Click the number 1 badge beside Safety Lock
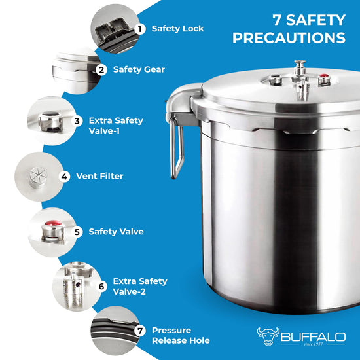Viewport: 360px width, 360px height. coord(140,29)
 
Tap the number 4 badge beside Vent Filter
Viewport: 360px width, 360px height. coord(65,177)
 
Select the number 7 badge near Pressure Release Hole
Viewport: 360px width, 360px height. coord(140,331)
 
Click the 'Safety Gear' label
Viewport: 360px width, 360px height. coord(139,69)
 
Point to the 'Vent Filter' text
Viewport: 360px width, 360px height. coord(99,176)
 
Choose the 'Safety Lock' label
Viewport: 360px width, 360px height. coord(177,29)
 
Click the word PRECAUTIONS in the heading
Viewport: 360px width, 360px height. coord(289,38)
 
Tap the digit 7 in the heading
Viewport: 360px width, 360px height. coord(278,20)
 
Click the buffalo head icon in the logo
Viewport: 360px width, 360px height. coord(268,336)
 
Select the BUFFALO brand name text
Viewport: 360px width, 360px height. coord(313,337)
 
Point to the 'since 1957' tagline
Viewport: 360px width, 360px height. coord(314,344)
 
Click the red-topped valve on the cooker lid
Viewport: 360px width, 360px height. coord(324,80)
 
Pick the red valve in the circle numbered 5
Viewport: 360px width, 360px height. coord(53,231)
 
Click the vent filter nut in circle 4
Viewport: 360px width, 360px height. coord(39,177)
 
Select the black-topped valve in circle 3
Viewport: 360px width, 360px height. coord(50,121)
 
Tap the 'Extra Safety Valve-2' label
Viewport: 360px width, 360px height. coord(140,286)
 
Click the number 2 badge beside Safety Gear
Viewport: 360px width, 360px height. coord(101,70)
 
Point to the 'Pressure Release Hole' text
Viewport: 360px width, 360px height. coord(181,335)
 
